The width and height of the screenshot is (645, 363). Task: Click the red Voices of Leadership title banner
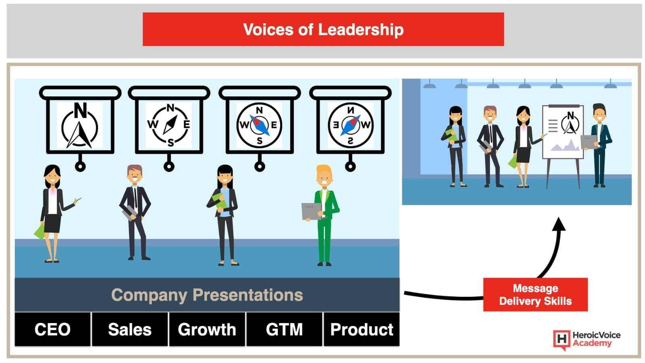323,29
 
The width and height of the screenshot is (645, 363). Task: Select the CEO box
52,329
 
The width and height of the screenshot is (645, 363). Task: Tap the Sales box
130,329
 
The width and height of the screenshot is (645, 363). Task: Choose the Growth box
207,329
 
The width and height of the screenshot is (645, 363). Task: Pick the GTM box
284,329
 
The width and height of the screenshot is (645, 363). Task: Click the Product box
362,329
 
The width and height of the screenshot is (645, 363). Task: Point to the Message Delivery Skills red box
535,294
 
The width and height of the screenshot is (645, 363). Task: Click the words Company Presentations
207,295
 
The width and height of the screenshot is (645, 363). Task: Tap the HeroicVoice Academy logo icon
562,340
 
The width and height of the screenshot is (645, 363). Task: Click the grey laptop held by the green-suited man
312,211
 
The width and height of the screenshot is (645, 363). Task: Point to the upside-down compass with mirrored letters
350,125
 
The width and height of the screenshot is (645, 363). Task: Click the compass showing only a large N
80,125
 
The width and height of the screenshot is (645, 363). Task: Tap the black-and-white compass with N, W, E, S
169,125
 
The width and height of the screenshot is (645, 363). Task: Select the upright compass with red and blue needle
259,125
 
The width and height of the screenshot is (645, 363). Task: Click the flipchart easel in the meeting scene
563,146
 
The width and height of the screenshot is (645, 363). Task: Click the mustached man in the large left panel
135,212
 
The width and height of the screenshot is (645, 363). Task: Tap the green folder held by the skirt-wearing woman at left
40,231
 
